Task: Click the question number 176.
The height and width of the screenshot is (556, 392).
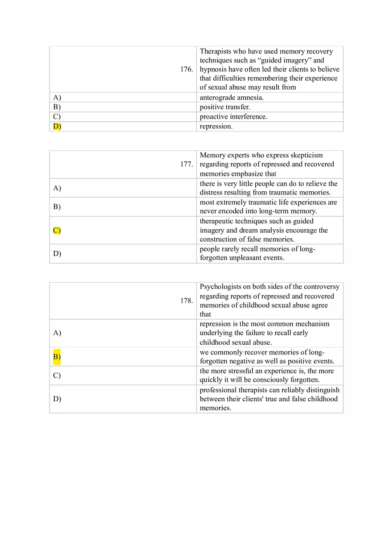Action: pos(187,70)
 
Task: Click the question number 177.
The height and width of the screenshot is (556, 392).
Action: pos(187,165)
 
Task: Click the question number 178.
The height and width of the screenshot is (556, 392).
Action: pos(187,301)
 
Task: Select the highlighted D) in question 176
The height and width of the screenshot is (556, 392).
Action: pos(57,126)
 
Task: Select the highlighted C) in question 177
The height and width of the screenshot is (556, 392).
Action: pos(57,231)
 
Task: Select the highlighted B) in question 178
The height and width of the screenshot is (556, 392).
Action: pos(57,357)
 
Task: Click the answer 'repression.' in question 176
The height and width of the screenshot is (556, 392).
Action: pos(216,126)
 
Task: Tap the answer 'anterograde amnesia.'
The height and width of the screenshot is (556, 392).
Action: pos(232,98)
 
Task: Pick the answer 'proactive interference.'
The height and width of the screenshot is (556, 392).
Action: pos(233,117)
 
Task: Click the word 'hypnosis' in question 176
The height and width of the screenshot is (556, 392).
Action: pos(213,70)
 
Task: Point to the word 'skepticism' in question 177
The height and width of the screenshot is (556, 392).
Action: pos(307,155)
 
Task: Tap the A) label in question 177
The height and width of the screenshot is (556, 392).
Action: pos(57,188)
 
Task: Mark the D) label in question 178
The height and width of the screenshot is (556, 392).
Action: pos(57,399)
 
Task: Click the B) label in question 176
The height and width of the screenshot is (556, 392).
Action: pos(57,107)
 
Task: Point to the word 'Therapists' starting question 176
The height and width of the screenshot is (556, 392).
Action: pos(216,51)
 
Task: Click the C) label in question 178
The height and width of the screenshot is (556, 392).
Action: pos(57,375)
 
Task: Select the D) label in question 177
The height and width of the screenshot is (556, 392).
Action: pos(57,254)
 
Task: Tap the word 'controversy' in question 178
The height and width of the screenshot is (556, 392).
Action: pos(322,287)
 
